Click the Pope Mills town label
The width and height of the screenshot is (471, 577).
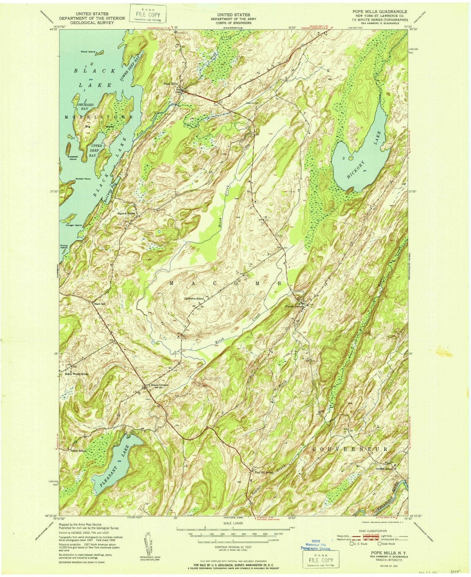coord(171,84)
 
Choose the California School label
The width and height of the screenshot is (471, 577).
coord(194,299)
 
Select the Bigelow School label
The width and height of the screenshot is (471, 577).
coord(126,213)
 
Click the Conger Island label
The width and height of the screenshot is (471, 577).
coord(74,225)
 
